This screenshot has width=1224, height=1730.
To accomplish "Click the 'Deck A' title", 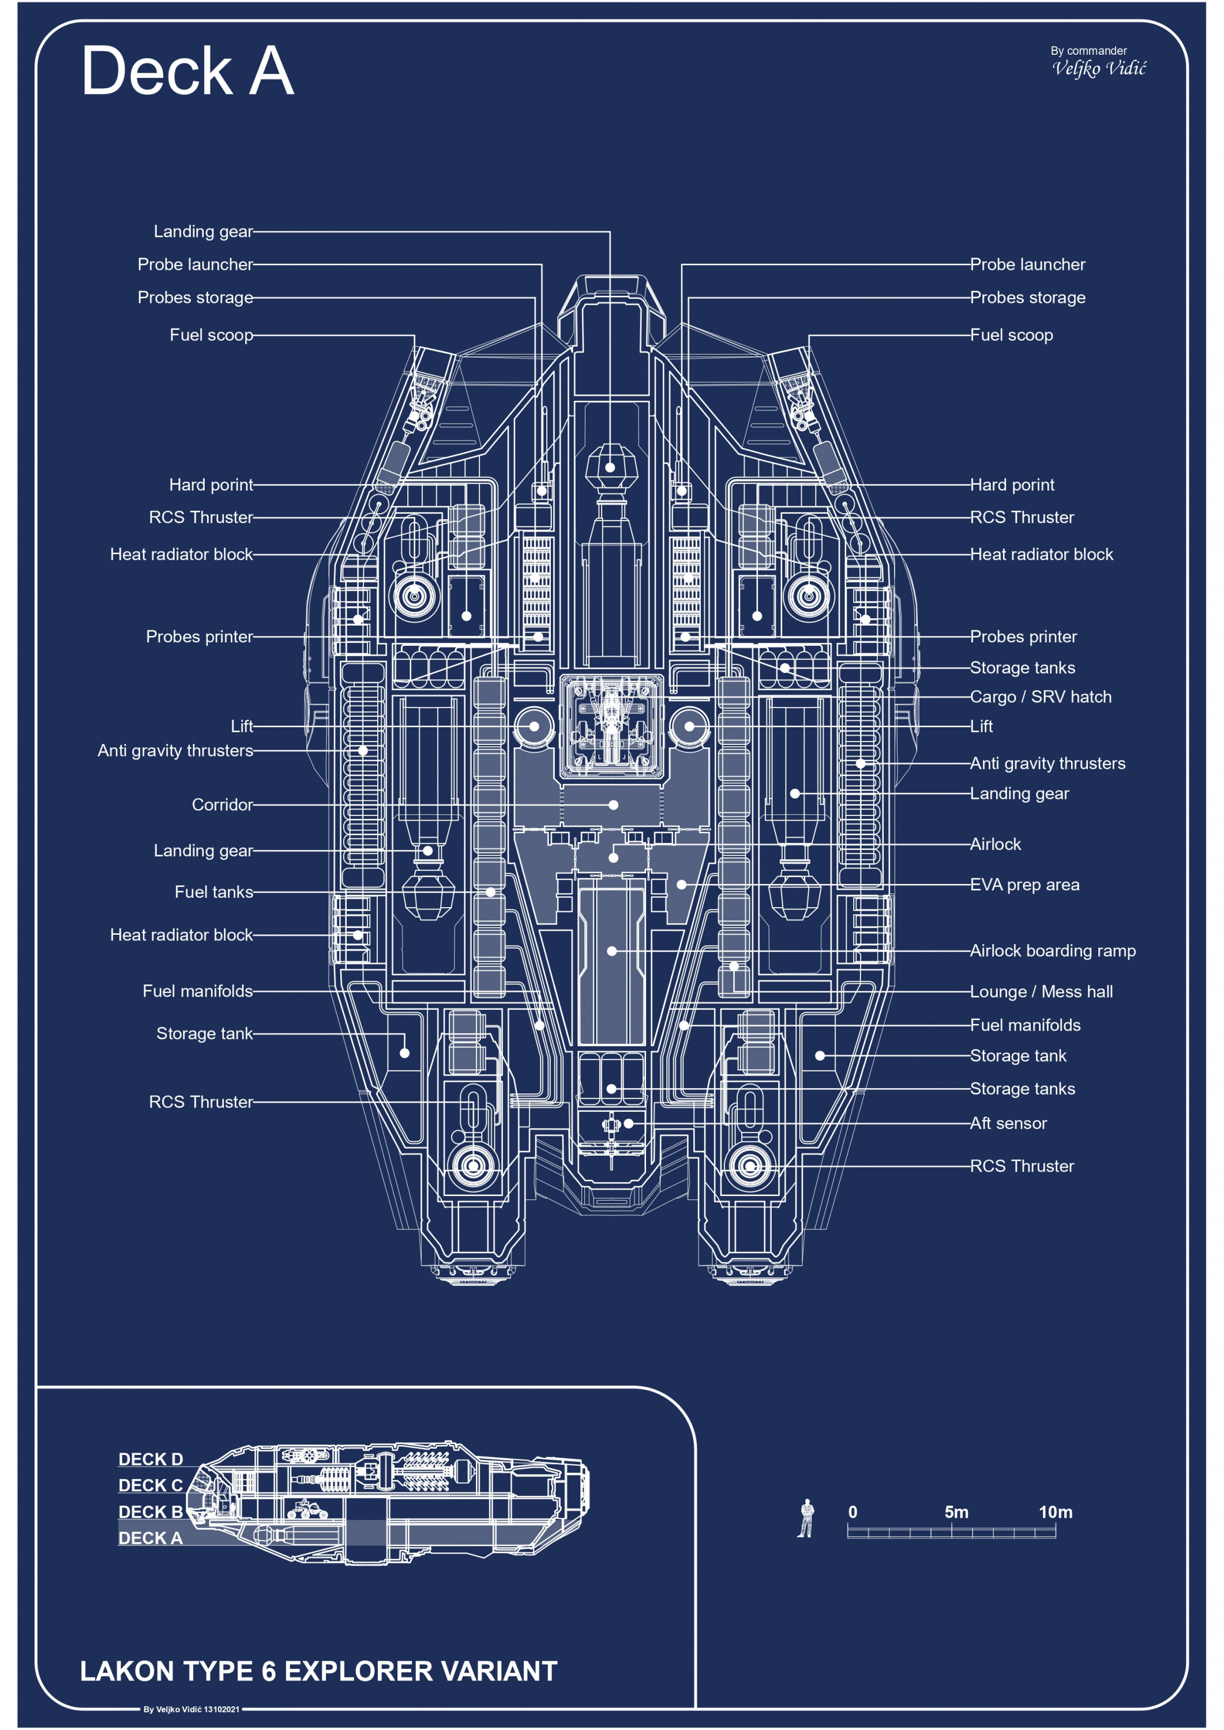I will click(187, 71).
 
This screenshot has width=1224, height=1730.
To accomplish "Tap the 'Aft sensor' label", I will click(1008, 1123).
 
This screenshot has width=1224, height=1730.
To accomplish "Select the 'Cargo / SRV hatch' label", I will click(1040, 697).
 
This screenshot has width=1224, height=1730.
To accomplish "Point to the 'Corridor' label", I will click(222, 804).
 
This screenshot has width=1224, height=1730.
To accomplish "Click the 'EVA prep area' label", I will click(1024, 885).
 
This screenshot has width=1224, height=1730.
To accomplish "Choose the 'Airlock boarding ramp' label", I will click(1052, 951).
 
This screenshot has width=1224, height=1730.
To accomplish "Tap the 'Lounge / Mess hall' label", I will click(1041, 992).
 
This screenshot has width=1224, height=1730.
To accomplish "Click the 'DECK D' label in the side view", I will click(151, 1460).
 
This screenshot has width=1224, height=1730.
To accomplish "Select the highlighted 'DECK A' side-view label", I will click(151, 1538).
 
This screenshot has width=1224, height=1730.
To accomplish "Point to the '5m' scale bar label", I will click(956, 1512).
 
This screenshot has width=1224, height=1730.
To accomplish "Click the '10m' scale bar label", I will click(1055, 1512).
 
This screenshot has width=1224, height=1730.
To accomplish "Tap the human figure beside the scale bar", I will click(806, 1518).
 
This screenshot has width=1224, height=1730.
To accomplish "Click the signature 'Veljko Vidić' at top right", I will click(1099, 69).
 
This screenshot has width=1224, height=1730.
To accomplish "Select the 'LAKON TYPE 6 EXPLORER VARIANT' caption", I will click(318, 1671).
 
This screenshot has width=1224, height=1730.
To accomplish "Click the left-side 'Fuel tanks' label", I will click(213, 892).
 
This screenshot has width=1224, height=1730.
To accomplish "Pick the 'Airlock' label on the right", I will click(995, 845).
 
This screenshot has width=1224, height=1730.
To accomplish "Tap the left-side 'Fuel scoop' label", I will click(211, 335).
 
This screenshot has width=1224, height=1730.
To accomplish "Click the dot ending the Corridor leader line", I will click(614, 804).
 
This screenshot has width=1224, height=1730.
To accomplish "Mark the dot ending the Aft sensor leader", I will click(629, 1123).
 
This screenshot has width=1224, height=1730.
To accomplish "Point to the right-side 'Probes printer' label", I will click(1023, 637).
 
